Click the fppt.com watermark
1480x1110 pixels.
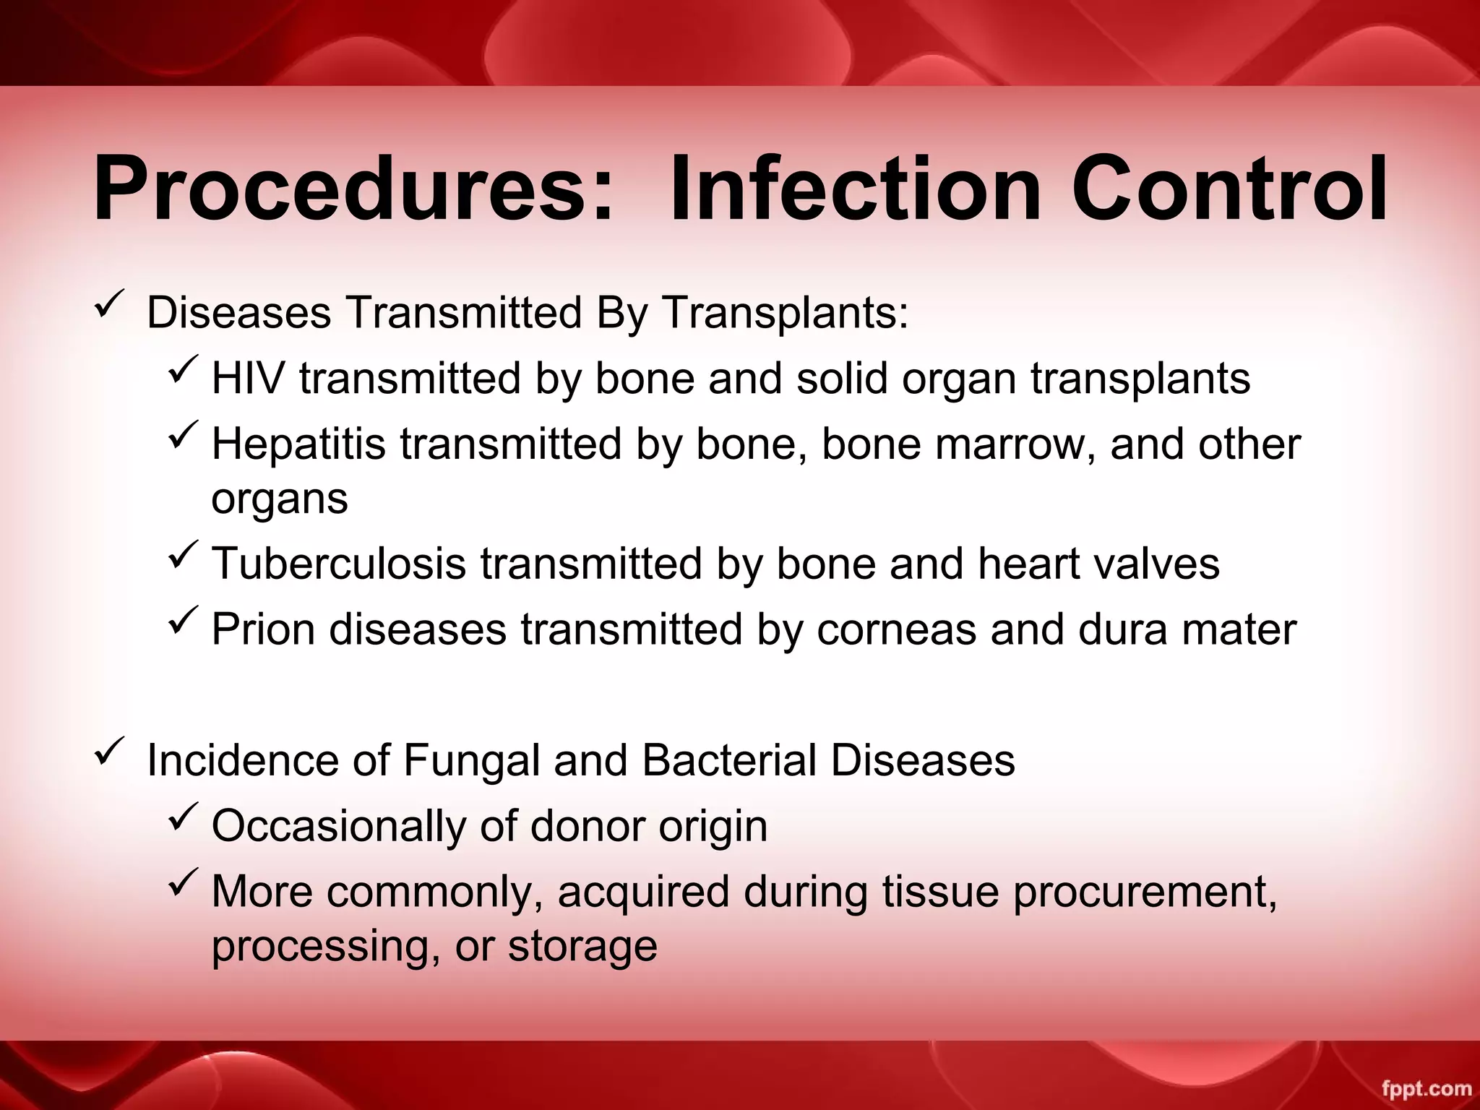point(1427,1088)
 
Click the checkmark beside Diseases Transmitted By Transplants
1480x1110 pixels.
point(110,306)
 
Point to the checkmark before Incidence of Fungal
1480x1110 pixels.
point(110,753)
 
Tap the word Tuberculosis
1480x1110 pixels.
point(339,563)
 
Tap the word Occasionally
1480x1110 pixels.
point(339,826)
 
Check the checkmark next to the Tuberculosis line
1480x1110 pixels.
point(184,556)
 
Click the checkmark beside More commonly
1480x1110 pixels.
point(184,884)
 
